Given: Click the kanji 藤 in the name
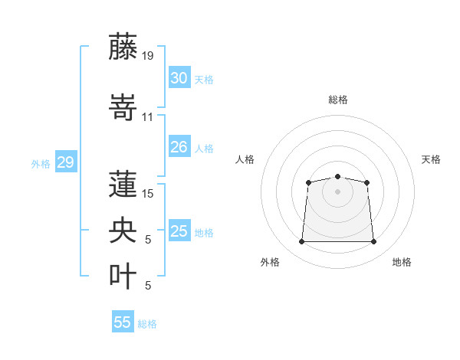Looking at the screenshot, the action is pos(123,47).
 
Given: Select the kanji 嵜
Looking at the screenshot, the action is pos(123,107).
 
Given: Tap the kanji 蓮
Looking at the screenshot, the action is pos(123,184).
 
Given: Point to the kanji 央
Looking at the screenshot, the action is pos(123,230).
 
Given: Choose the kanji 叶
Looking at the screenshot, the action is pos(123,276).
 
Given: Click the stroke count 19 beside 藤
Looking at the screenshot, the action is pos(147,56).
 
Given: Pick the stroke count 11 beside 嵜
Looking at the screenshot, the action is pos(147,117).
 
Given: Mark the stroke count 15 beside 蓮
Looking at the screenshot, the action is pos(147,194).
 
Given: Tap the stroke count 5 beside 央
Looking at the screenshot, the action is pos(148,240).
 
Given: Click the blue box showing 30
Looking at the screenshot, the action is pos(179,77).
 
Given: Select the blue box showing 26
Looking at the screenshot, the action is pos(179,146).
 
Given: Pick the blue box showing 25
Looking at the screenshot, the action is pos(179,230).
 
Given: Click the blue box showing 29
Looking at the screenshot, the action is pos(66,162).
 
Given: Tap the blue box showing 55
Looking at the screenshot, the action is pos(123,321).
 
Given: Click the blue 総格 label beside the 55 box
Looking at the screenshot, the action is pos(147,324).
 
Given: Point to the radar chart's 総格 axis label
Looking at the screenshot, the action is pos(338,100).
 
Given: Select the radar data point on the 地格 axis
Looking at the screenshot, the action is pos(373,241).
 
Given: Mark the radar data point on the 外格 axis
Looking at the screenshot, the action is pos(301,241).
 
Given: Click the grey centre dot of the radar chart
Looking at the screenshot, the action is pos(337,191).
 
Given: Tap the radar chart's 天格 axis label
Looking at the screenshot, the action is pos(431,159).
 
